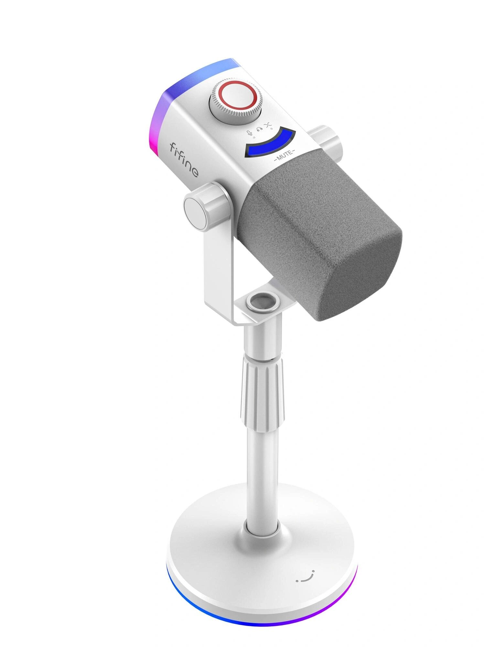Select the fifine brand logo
[x=184, y=160]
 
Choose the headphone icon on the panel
[x=259, y=129]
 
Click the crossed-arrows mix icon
[x=268, y=125]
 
